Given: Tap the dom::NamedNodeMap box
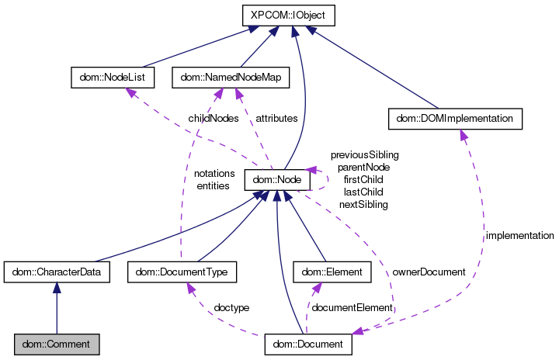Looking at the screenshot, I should point(230,77).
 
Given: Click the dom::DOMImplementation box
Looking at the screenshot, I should point(453,118).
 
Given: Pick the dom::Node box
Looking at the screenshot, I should point(277,180).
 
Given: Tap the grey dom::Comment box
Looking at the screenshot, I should point(56,343).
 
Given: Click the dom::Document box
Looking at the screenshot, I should point(308,343).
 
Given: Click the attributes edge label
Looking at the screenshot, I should point(276,119).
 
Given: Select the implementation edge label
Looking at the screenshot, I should point(519,235).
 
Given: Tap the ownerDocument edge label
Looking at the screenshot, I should point(429,272).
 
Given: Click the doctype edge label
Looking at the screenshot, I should point(231,308).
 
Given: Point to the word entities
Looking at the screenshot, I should point(213,186).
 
